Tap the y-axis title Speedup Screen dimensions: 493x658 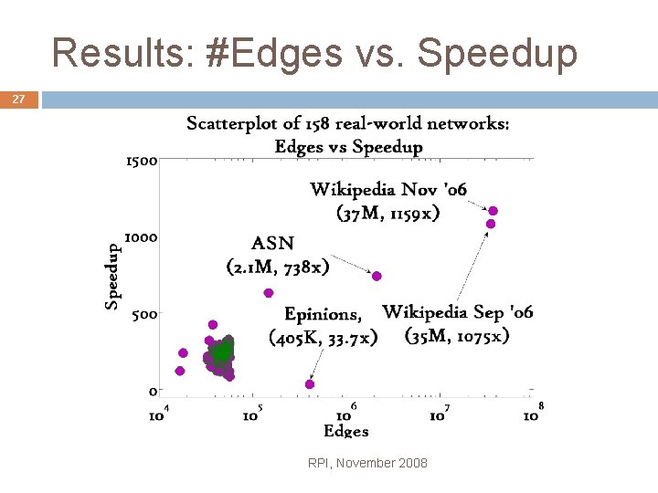point(112,274)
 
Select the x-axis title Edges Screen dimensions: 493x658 point(346,431)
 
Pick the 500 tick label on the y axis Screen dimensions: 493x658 point(144,314)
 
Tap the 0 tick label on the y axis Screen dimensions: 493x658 point(153,392)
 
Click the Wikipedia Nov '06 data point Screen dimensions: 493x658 point(493,211)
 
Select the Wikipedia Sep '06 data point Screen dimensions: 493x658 point(491,224)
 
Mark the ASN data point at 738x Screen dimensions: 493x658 point(377,276)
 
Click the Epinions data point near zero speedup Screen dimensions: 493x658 point(310,384)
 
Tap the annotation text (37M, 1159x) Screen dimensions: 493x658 point(388,214)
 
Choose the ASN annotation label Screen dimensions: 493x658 point(273,244)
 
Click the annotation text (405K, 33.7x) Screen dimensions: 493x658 point(323,338)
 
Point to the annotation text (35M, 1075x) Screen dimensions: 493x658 point(456,335)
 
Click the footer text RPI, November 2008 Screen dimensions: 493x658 point(368,463)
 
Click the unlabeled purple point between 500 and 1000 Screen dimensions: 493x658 point(269,293)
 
